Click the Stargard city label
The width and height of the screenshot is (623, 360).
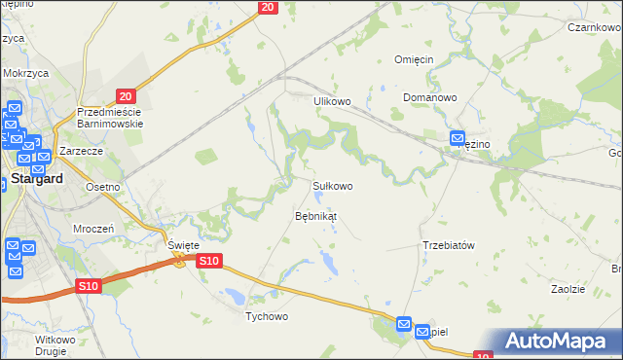click(36, 179)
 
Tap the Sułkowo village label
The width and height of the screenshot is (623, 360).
click(332, 185)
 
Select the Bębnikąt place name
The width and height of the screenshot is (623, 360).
click(315, 216)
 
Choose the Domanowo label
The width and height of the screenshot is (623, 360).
click(430, 98)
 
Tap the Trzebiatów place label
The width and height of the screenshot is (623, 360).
click(448, 245)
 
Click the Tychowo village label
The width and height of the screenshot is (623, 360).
click(267, 317)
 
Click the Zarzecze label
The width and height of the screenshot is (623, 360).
click(81, 153)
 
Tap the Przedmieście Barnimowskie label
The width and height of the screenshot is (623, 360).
click(110, 118)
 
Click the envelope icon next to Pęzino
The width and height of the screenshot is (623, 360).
click(458, 140)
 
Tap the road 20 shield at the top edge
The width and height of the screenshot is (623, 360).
click(269, 7)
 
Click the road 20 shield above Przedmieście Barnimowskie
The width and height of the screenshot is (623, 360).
click(124, 95)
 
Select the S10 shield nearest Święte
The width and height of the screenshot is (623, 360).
click(209, 261)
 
